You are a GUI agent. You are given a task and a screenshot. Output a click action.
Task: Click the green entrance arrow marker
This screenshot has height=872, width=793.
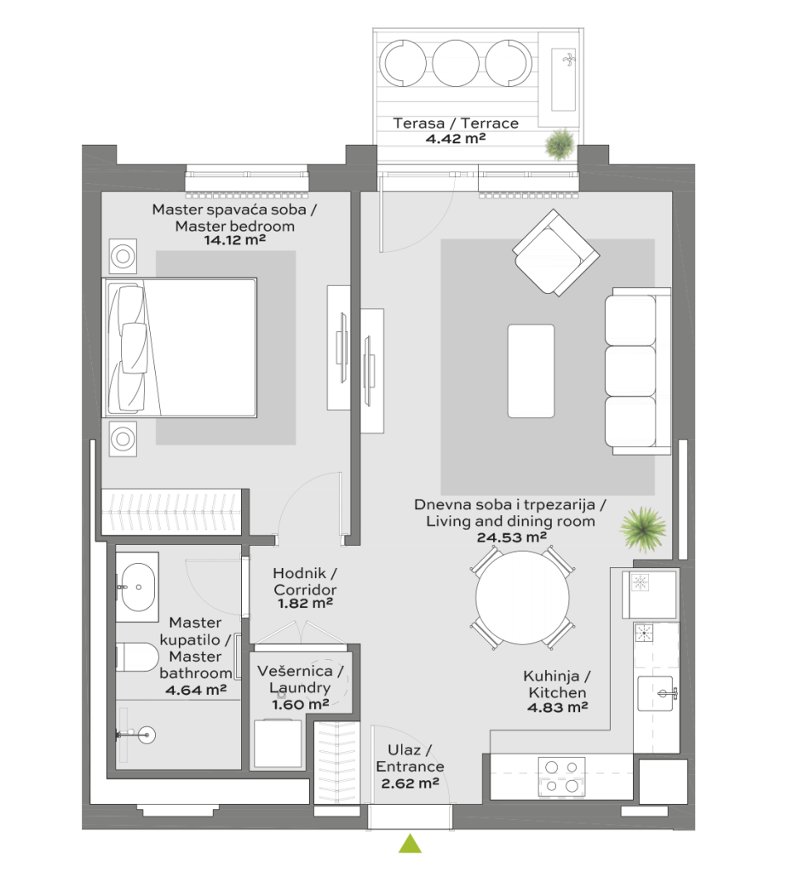tap(410, 845)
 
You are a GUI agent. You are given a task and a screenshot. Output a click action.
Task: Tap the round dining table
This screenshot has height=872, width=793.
tap(523, 597)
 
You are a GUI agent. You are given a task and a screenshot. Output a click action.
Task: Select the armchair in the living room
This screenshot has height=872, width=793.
tap(555, 252)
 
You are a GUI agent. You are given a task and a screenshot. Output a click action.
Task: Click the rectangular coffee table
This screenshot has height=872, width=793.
tap(531, 371)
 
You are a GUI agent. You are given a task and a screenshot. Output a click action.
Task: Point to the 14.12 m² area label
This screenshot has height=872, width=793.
tap(235, 240)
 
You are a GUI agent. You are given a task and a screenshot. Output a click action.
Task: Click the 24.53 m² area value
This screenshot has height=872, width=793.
tap(512, 537)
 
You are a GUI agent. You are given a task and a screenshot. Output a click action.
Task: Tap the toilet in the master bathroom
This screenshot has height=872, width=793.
tap(137, 657)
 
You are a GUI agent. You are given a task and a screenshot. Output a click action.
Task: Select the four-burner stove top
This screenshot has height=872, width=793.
tap(561, 777)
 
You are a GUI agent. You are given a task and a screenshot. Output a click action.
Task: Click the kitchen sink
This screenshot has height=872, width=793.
tap(656, 693)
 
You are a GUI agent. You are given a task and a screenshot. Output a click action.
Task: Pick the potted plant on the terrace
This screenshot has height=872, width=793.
tap(560, 145)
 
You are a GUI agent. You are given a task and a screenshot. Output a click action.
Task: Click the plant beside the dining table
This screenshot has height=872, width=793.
tap(643, 529)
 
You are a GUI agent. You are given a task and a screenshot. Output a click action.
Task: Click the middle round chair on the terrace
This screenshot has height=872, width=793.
tap(456, 63)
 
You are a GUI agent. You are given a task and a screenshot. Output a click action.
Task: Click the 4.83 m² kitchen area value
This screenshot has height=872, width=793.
tap(558, 708)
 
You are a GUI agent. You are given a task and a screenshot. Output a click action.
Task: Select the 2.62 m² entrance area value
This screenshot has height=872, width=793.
tap(411, 783)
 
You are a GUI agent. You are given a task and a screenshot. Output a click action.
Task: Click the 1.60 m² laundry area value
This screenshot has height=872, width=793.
tap(301, 704)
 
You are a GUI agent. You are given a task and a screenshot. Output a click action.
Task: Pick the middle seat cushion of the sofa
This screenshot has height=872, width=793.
tap(630, 371)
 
